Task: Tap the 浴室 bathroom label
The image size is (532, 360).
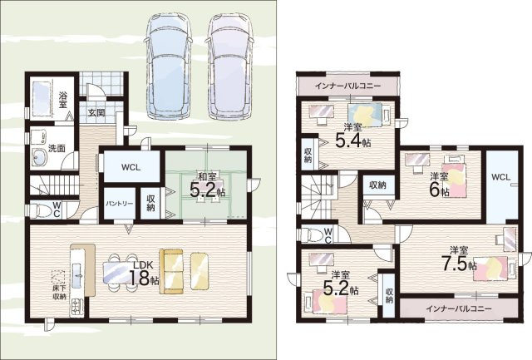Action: pos(63,100)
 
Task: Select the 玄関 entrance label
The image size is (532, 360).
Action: pos(96,112)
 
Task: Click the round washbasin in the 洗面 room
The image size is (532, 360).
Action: pos(40,157)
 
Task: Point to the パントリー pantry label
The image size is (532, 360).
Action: pos(119,204)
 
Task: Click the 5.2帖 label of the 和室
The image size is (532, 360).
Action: pos(207,191)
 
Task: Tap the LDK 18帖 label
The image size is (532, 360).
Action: pos(144,274)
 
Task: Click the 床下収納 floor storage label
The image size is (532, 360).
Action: pos(59,293)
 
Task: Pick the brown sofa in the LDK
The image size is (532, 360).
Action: pos(172,271)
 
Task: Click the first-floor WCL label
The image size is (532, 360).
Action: pos(131,168)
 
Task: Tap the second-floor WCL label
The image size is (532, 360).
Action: pos(500,177)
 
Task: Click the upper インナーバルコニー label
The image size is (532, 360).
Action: pos(347,86)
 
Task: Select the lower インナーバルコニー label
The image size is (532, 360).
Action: pos(458,308)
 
